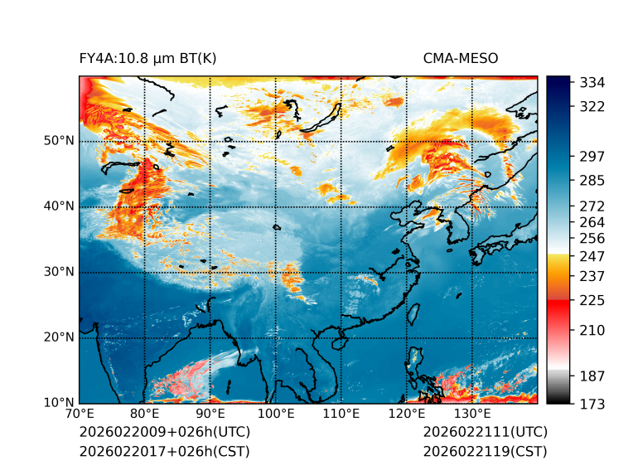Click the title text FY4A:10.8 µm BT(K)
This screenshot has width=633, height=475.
point(148,58)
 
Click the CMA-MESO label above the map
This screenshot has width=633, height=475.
point(461,58)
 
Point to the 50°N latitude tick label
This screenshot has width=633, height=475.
point(59,141)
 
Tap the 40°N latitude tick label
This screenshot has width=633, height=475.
point(59,206)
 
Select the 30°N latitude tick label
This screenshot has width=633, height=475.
point(59,272)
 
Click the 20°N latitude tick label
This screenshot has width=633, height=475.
point(59,337)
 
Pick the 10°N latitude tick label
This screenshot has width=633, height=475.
point(59,403)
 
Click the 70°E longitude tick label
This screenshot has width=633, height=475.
point(80,414)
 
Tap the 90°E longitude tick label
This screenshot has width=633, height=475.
point(210,414)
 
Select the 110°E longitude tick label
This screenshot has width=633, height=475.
point(341,414)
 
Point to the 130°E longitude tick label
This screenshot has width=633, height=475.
point(471,414)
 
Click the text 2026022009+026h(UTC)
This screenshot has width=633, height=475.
point(164,433)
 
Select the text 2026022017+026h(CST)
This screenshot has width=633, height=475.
point(164,452)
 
